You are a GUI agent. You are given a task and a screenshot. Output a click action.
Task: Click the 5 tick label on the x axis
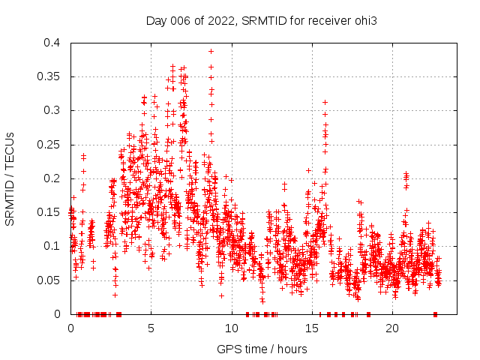click(151, 328)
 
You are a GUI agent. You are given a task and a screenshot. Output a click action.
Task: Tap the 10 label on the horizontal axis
click(231, 328)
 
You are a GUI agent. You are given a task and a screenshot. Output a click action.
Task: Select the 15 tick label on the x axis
click(311, 328)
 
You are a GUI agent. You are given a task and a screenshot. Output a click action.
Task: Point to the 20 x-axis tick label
click(391, 328)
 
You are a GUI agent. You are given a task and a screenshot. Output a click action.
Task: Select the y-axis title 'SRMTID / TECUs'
click(10, 178)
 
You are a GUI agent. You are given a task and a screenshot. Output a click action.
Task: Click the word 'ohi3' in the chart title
click(364, 20)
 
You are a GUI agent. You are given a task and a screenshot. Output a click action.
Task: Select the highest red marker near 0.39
click(211, 51)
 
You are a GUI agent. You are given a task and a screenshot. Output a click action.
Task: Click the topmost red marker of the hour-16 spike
click(325, 102)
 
